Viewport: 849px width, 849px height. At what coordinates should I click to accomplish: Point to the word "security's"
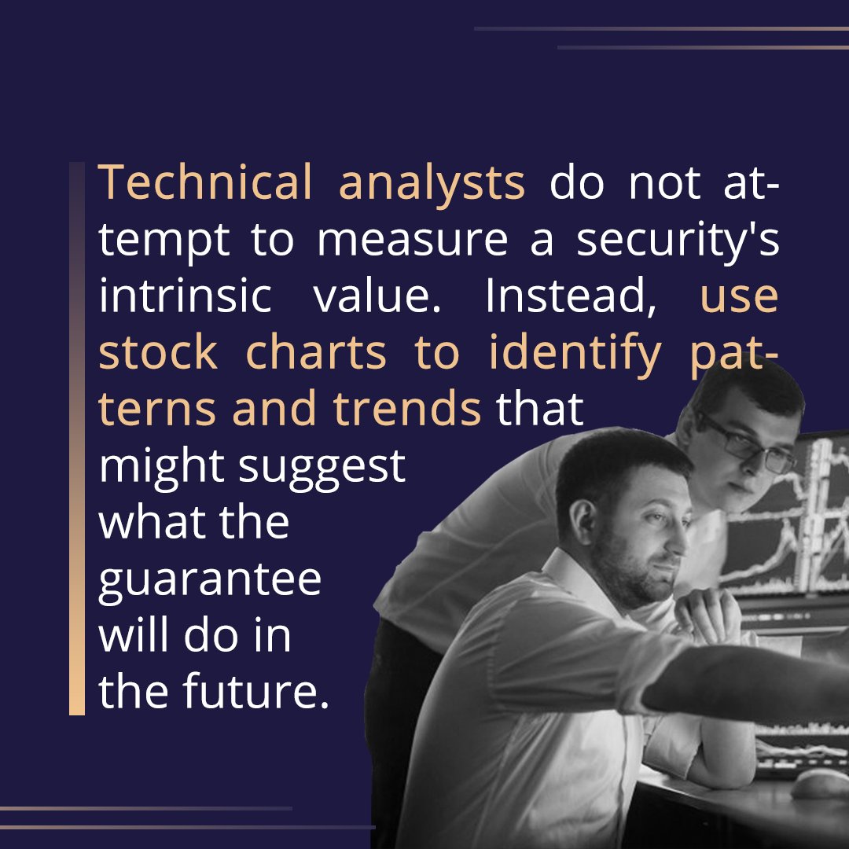[678, 241]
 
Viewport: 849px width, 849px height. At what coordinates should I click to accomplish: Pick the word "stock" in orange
[158, 354]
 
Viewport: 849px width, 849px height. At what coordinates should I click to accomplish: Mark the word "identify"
[575, 354]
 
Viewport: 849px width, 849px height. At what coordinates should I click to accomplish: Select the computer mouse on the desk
[821, 784]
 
